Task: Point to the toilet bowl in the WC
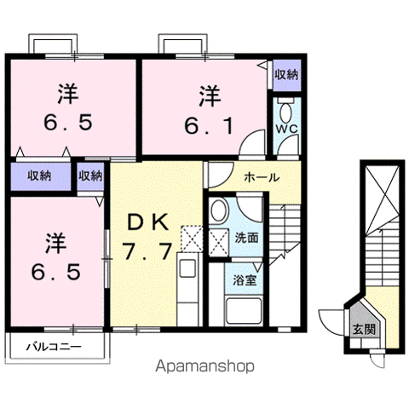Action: tap(285, 110)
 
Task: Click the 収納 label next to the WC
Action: tap(285, 76)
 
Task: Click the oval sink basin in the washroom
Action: tap(220, 210)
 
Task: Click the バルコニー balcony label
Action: tap(53, 347)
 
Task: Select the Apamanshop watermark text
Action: tap(204, 367)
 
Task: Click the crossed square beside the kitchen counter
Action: tap(192, 239)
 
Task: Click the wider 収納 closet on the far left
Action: tap(37, 176)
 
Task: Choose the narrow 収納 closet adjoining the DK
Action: tap(90, 176)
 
